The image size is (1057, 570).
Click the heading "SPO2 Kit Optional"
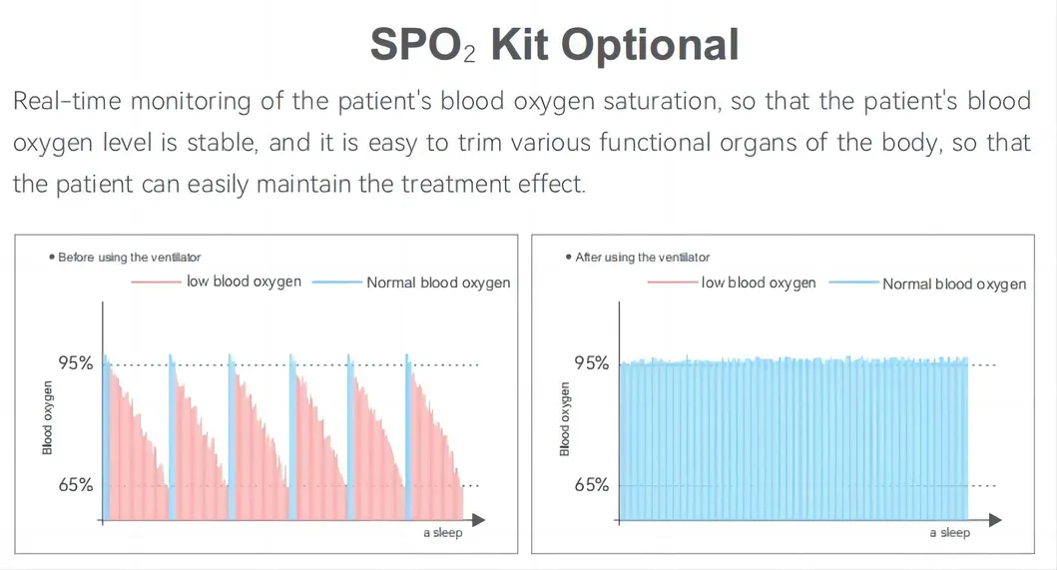pyautogui.click(x=554, y=45)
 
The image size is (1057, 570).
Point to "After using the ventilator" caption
pyautogui.click(x=643, y=258)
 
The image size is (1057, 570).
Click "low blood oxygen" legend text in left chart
pyautogui.click(x=244, y=282)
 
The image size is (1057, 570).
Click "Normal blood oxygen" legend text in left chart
pyautogui.click(x=438, y=283)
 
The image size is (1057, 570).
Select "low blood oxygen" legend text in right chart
pyautogui.click(x=759, y=283)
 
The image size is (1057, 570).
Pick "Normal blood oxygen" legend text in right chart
pyautogui.click(x=954, y=284)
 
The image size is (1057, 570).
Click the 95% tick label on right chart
pyautogui.click(x=591, y=363)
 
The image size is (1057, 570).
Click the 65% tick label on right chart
pyautogui.click(x=591, y=485)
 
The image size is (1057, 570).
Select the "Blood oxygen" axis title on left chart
pyautogui.click(x=48, y=417)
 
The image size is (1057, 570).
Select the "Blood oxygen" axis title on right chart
pyautogui.click(x=565, y=417)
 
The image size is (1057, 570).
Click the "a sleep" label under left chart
pyautogui.click(x=442, y=533)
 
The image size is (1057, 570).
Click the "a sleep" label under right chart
pyautogui.click(x=949, y=533)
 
